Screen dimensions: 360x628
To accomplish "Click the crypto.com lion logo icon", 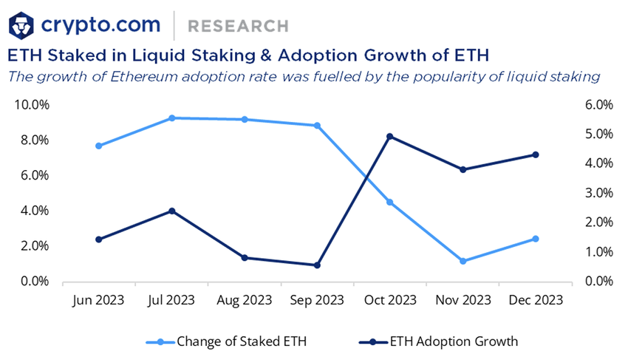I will coord(22,25).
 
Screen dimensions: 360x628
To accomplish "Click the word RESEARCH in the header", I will coord(238,26).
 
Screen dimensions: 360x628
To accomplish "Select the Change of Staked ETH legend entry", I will coord(234,342).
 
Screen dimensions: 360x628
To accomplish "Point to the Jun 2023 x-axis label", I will coord(99,300).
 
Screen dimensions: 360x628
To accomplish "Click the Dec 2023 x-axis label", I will coord(536,300).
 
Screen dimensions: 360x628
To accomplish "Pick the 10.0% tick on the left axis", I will coord(32,105).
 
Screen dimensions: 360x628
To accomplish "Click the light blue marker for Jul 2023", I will coord(171,118).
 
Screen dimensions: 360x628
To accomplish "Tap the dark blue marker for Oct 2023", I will coord(390,137).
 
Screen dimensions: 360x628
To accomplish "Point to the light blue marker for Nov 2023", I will coord(463,261).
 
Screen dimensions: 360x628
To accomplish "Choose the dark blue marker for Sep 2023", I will coord(317,265).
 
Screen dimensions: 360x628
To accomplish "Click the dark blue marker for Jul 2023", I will coord(171,211).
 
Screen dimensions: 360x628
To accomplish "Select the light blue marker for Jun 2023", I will coord(99,146).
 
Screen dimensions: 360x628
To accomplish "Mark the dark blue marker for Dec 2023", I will coord(536,154).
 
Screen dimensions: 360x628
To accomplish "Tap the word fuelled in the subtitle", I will coord(351,75).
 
